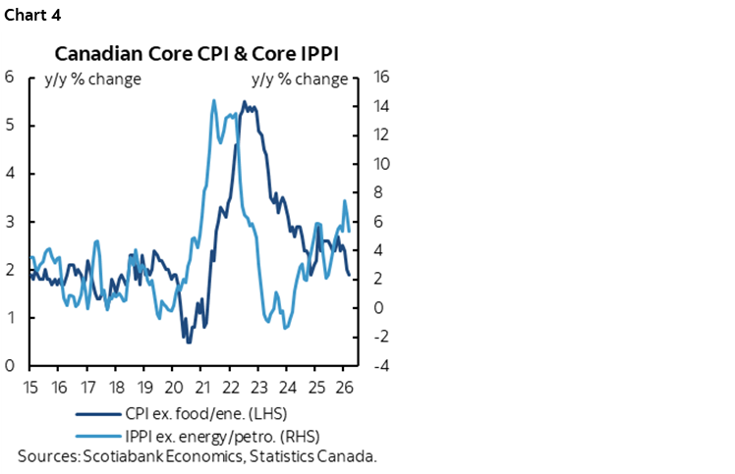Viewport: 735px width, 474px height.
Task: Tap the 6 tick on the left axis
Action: pyautogui.click(x=9, y=78)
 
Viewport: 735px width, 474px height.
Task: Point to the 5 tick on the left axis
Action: pyautogui.click(x=9, y=126)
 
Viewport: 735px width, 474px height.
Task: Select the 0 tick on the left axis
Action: pyautogui.click(x=9, y=366)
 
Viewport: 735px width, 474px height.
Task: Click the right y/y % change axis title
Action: pyautogui.click(x=300, y=79)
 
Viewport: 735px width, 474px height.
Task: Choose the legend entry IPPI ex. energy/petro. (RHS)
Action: pyautogui.click(x=222, y=435)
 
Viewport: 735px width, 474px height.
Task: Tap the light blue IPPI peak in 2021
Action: pyautogui.click(x=213, y=100)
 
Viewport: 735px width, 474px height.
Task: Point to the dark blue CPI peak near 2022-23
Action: pyautogui.click(x=245, y=102)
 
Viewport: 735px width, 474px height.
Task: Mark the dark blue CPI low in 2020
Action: pyautogui.click(x=187, y=340)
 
